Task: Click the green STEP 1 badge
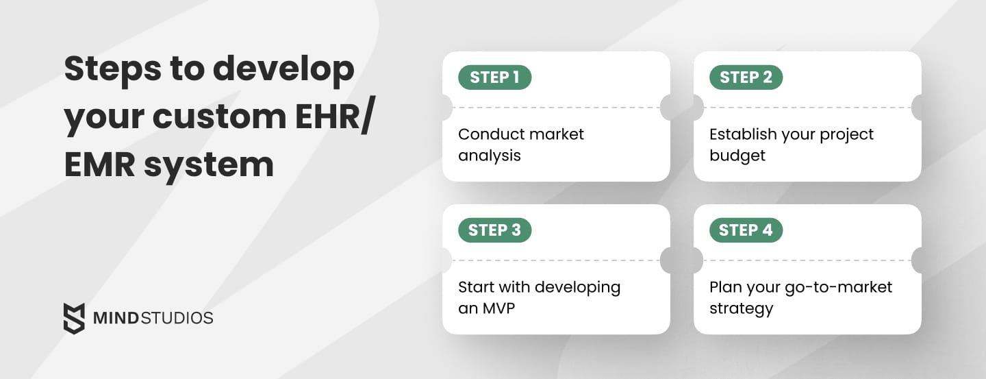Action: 494,77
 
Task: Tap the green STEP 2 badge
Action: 746,77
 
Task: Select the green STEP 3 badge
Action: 494,230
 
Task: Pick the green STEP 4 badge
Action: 746,230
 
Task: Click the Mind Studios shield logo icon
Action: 74,318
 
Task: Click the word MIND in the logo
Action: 108,319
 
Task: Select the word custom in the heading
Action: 210,117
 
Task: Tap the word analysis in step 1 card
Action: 489,156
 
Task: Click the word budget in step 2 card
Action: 737,156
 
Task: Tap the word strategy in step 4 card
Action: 741,309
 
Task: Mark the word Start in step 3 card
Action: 476,286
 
